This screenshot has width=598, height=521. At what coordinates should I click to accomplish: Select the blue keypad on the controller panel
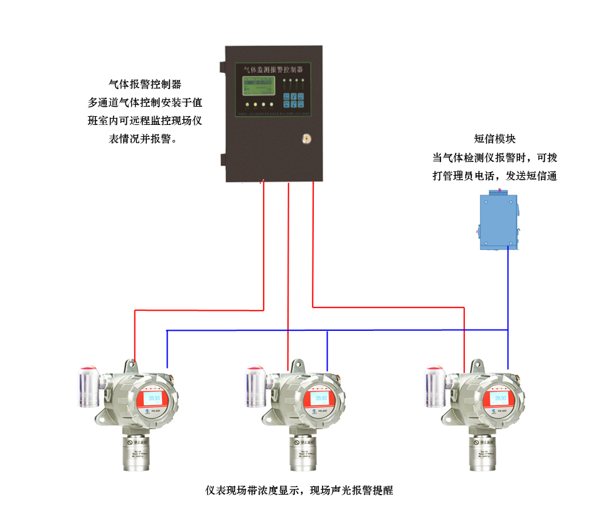coord(293,101)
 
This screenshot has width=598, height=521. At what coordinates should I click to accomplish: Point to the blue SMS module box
coord(498,222)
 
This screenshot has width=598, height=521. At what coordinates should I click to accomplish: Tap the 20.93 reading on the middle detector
coord(321,399)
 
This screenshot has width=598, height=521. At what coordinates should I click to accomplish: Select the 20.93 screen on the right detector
coord(500,399)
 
